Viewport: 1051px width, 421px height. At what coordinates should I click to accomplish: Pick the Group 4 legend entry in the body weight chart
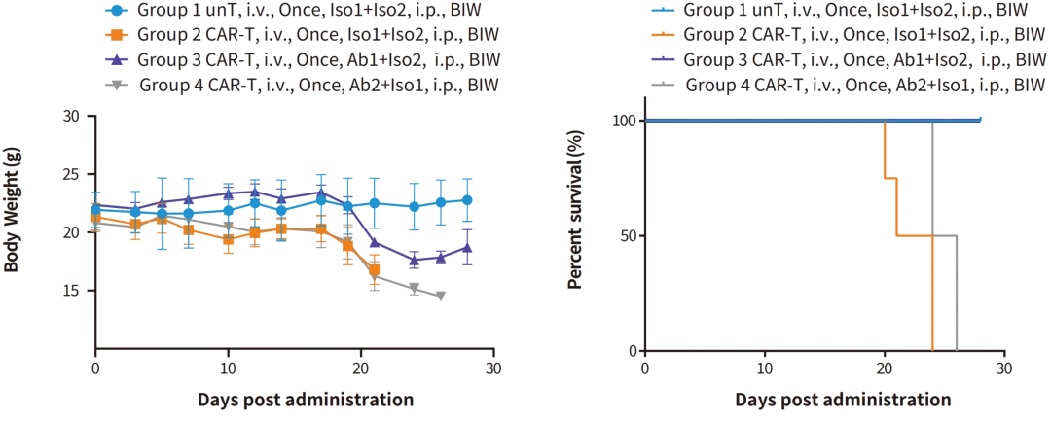tap(302, 85)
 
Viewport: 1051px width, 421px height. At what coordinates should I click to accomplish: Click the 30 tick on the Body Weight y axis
tap(70, 116)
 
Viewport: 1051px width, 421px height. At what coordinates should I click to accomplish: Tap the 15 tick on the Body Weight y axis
tap(70, 291)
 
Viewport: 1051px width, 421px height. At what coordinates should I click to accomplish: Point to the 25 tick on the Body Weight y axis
tap(70, 174)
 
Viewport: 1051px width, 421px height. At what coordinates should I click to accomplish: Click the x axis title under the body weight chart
tap(304, 400)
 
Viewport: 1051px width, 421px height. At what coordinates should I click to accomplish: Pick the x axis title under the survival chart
tap(843, 400)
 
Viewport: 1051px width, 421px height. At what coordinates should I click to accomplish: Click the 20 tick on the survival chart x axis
tap(884, 369)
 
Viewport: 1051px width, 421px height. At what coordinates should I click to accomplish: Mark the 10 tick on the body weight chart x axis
tap(228, 369)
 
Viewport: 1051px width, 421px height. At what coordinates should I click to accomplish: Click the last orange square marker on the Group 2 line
tap(375, 270)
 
